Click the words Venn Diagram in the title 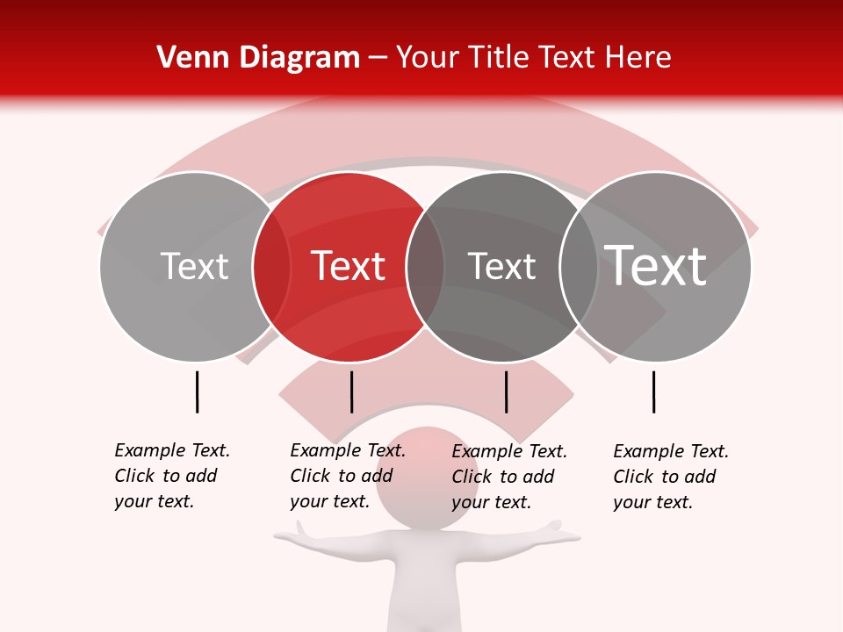click(258, 58)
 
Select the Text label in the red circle click(349, 266)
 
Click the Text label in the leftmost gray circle click(194, 266)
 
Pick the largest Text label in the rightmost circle click(656, 265)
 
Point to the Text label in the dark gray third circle click(501, 266)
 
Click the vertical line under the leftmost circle click(197, 391)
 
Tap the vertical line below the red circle click(351, 391)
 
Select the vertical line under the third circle click(506, 391)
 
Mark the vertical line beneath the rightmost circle click(653, 391)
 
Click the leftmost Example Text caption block click(171, 476)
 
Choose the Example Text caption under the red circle click(347, 476)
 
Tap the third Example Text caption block click(508, 477)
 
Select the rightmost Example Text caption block click(670, 477)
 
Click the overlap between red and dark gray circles click(425, 266)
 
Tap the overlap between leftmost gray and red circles click(271, 266)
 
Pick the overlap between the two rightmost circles click(579, 266)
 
